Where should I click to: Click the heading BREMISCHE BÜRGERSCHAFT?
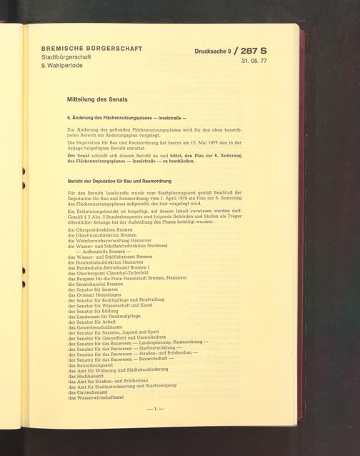[x=91, y=49]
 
